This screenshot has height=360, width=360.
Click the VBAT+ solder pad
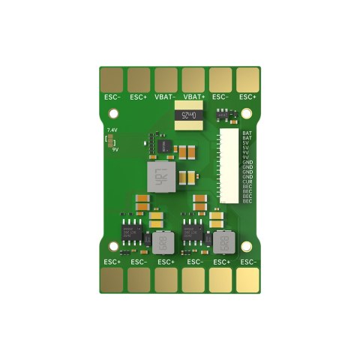click(x=193, y=79)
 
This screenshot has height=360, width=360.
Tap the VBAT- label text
click(x=166, y=97)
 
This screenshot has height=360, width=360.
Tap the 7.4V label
click(x=113, y=130)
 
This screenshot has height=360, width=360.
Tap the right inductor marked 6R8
click(x=221, y=242)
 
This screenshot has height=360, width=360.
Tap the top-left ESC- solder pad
click(x=112, y=79)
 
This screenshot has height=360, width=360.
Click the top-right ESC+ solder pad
click(x=247, y=79)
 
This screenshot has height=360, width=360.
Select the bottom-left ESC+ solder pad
click(x=112, y=280)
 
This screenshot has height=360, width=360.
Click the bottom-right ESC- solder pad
click(x=247, y=280)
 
